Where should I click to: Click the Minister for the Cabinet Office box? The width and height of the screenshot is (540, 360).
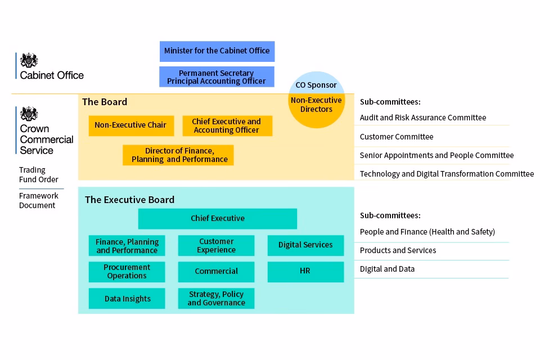(217, 51)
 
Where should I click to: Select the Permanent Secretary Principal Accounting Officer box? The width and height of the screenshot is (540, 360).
(217, 77)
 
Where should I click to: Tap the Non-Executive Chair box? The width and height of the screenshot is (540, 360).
(131, 126)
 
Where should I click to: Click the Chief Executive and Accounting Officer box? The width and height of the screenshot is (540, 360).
(227, 126)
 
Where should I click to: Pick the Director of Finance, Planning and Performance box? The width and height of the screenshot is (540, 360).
(178, 155)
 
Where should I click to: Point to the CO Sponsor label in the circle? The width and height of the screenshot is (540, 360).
(316, 85)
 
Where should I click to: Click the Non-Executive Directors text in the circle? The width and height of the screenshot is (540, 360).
(316, 105)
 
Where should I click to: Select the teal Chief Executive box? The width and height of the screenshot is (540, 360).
(217, 218)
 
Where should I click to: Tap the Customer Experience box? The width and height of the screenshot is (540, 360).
(216, 246)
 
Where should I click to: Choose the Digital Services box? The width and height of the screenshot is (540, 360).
(305, 245)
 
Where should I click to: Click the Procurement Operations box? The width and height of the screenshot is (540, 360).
(127, 272)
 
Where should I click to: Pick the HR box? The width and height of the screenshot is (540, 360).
(305, 272)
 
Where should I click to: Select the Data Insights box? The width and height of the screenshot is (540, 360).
(127, 298)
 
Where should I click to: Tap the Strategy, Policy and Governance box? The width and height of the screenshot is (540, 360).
(216, 298)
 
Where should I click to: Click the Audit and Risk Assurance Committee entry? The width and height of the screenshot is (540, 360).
(423, 118)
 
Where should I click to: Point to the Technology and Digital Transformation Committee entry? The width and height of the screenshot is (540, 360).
(447, 174)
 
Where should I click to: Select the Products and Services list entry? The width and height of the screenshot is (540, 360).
(398, 250)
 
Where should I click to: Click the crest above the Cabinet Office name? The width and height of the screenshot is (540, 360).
(29, 60)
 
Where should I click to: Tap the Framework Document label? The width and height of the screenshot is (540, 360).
(39, 200)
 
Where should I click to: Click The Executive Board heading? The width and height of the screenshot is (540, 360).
(129, 200)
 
